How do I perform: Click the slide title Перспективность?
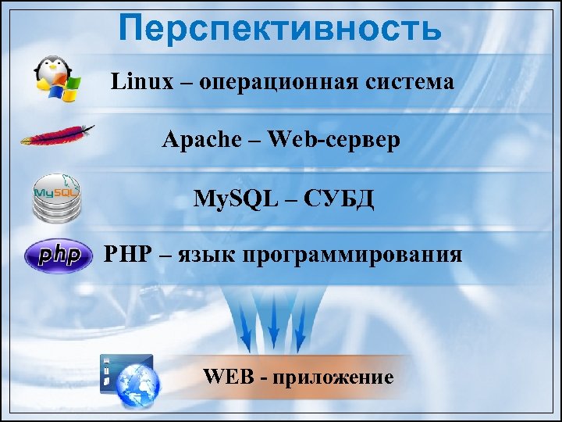pos(280,29)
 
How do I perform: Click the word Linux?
pos(141,82)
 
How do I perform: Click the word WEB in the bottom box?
pos(226,377)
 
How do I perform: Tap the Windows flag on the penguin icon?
pos(63,88)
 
